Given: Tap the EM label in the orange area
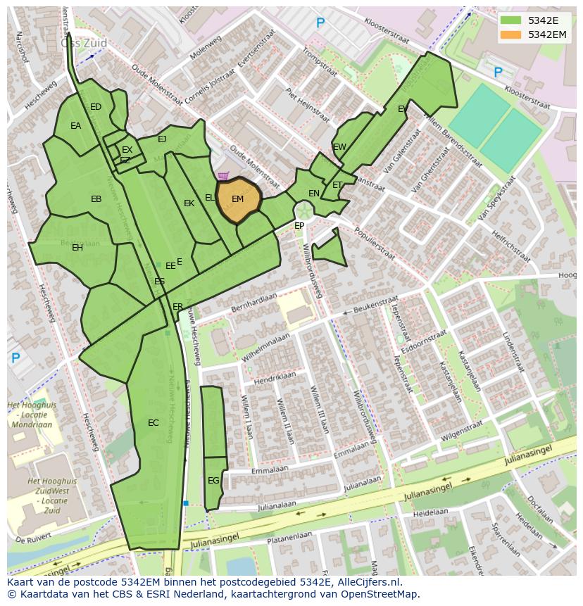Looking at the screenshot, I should tap(238, 199).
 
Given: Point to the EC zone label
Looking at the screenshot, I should tap(153, 423).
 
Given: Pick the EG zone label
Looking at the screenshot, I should tap(213, 481).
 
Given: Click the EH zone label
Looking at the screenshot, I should tap(77, 248).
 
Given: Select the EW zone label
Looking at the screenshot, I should tap(339, 147).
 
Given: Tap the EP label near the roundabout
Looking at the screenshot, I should tap(299, 226).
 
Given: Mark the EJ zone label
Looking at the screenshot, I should tap(162, 139).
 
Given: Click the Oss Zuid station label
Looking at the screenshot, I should tap(84, 43).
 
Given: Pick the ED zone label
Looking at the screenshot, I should tap(96, 107).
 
